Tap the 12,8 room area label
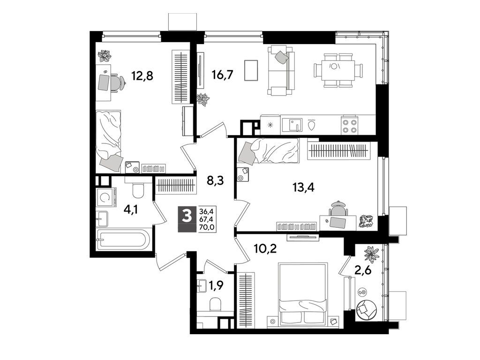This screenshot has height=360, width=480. point(142,75)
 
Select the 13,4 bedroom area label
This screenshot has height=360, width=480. point(303,187)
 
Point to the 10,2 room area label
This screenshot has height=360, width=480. point(265,248)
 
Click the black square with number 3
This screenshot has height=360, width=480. point(187,216)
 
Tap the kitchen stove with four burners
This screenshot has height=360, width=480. point(349,125)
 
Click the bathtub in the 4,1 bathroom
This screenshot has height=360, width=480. point(123,240)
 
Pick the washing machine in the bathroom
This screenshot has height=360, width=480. point(106,198)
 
